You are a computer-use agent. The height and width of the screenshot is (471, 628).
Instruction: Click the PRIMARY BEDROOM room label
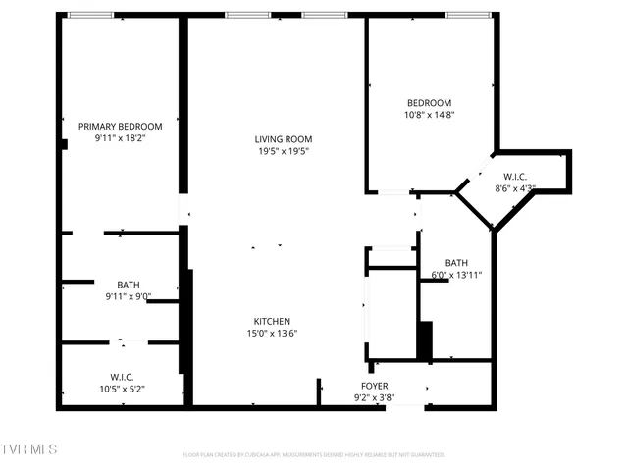pos(121,127)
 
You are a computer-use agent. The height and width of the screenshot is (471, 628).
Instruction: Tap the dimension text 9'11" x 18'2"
pos(121,139)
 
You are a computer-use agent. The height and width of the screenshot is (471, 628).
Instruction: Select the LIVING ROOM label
pos(284,139)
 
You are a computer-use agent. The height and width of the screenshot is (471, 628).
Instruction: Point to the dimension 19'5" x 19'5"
pos(284,152)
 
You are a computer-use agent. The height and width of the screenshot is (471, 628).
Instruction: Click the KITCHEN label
pos(272,322)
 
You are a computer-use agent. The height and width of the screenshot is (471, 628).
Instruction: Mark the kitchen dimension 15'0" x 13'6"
pos(272,334)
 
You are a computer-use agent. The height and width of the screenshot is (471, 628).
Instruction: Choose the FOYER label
pos(374,386)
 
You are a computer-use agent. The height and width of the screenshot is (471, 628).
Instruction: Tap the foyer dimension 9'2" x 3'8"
pos(374,397)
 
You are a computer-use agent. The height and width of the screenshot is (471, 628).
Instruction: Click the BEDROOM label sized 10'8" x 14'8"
pos(429,103)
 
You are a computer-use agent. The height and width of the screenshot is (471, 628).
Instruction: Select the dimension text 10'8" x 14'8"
pos(429,115)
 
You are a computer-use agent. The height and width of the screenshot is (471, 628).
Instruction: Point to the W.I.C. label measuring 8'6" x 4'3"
pos(515,177)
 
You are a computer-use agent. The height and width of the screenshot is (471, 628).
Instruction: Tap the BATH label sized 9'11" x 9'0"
pos(129,285)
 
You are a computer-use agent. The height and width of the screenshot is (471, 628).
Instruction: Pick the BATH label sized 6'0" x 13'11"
pos(456,263)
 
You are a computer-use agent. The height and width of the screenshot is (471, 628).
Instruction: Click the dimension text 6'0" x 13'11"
pos(456,276)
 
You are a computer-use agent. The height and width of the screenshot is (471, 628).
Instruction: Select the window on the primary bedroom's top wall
pos(89,15)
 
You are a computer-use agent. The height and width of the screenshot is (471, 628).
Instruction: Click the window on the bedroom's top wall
pos(469,15)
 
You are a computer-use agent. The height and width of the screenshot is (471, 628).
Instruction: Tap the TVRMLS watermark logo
pos(29,449)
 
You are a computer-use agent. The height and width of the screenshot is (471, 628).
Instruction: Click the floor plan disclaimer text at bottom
pos(314,455)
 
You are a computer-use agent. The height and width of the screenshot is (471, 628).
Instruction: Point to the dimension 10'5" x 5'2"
pos(122,390)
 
